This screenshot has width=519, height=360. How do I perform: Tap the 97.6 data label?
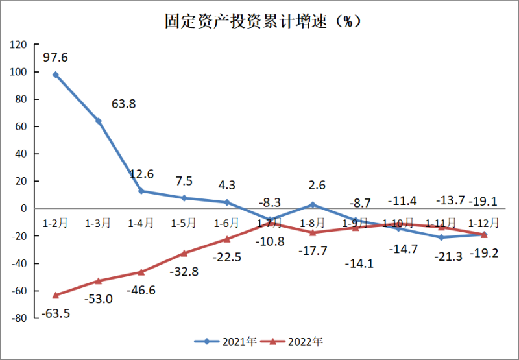coord(56,58)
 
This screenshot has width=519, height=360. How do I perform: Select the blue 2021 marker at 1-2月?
coord(56,75)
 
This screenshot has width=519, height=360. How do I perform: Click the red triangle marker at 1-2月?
coord(56,295)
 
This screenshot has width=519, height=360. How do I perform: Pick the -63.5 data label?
coord(56,314)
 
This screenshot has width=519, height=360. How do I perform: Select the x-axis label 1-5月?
coord(184,223)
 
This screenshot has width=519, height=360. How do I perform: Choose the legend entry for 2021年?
coord(227,341)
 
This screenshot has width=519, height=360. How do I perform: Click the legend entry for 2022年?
coord(295,341)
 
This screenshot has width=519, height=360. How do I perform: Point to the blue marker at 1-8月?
coord(313,205)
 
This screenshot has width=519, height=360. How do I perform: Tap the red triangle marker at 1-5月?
coord(184,253)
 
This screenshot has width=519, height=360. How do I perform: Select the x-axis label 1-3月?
coord(98,223)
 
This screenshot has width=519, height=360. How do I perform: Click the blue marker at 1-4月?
coord(141,191)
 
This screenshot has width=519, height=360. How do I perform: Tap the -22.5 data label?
coord(227,257)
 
